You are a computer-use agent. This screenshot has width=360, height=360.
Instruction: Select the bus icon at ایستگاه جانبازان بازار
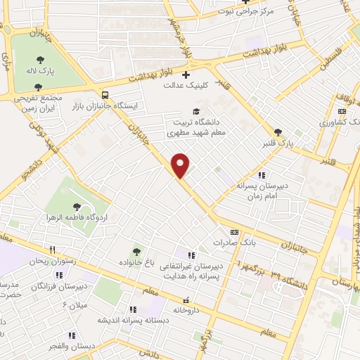(x=105, y=94)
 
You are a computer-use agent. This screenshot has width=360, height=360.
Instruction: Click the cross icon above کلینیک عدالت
(x=186, y=75)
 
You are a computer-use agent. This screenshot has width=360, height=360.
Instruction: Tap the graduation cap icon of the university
(x=197, y=111)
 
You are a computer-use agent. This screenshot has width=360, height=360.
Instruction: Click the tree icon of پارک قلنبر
(x=278, y=131)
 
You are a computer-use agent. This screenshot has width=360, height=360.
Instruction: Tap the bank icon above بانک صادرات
(x=234, y=232)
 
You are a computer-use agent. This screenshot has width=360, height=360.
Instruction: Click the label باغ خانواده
(x=136, y=263)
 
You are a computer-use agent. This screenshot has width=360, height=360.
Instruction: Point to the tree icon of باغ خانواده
(x=136, y=252)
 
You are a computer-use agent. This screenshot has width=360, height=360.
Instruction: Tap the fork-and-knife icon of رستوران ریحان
(x=52, y=250)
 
